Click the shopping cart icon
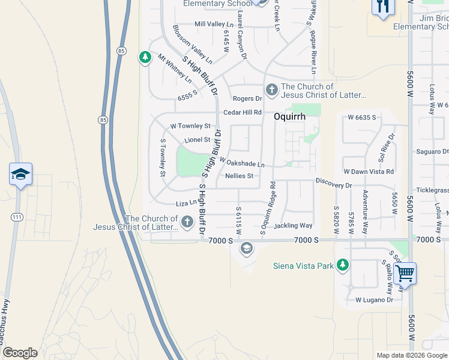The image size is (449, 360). point(406,274)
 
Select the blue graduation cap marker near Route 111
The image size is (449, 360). point(20,175)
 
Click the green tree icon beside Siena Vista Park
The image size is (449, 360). point(342,265)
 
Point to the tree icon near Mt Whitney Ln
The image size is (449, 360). point(145,58)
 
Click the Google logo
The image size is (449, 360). point(20,353)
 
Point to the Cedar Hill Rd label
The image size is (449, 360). point(243,112)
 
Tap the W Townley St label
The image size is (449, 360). point(190,127)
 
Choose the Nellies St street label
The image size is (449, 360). point(240,176)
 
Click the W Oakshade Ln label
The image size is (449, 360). point(242,163)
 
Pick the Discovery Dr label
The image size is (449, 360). point(334,185)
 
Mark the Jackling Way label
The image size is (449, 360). point(293,226)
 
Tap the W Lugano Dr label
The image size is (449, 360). point(374,299)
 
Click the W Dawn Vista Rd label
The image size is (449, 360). point(368,172)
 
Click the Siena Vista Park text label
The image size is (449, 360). point(303,266)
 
